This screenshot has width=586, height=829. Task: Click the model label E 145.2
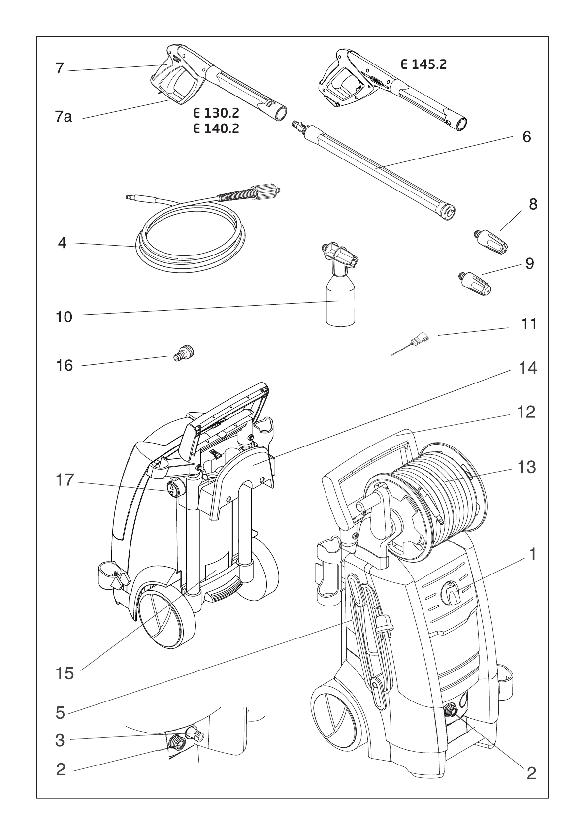423,64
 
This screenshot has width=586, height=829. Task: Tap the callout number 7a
64,117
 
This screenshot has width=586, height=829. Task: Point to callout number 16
65,365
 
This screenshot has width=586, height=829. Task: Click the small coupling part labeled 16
184,354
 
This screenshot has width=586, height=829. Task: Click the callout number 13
526,467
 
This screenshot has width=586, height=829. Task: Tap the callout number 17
65,480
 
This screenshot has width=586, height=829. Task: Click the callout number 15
65,673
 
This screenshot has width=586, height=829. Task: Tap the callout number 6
526,137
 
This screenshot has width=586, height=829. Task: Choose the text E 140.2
216,129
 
